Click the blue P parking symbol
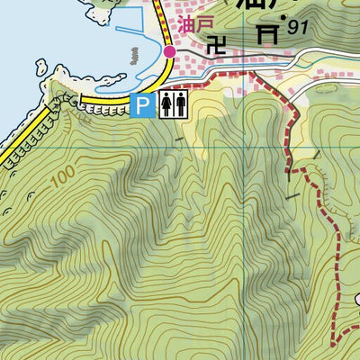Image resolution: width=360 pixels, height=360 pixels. coord(141,106)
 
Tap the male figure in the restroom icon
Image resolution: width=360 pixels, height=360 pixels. coord(167,106)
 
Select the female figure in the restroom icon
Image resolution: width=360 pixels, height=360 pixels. coord(180,106)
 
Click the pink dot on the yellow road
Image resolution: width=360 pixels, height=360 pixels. coord(170,52)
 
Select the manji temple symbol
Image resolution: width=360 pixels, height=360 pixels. coord(217,43)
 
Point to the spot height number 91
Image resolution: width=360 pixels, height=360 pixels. coord(299,29)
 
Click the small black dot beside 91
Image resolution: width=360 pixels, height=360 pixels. coord(284,17)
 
